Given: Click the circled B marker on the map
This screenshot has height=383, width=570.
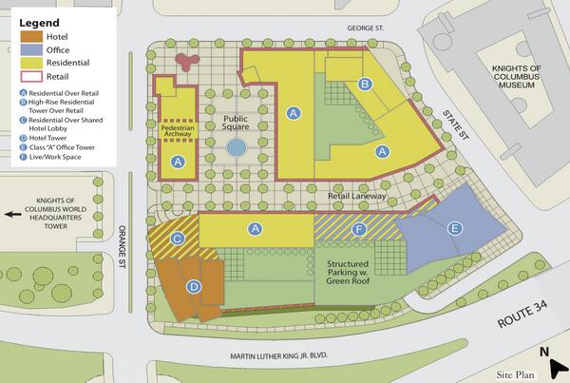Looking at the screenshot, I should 364,85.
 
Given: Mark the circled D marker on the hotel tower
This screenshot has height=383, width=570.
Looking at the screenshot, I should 193,286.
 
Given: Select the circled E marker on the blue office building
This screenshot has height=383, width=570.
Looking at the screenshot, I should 454,228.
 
